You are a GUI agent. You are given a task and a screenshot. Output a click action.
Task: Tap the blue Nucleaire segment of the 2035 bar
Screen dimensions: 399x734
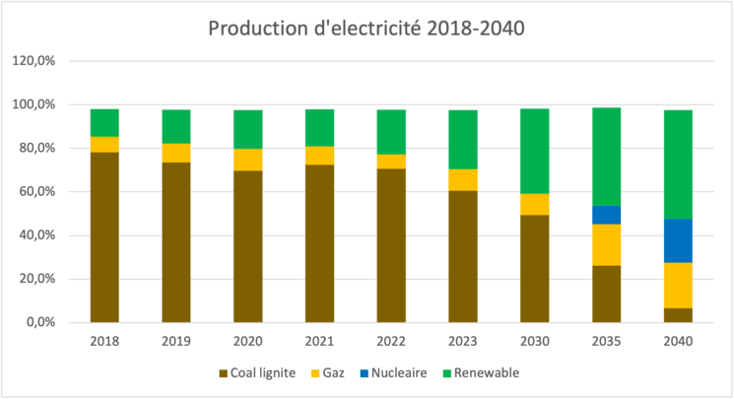[606, 215]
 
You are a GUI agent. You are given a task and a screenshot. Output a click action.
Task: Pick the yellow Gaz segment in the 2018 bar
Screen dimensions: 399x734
[104, 144]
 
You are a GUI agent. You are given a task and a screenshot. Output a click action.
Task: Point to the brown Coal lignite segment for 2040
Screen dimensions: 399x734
[678, 315]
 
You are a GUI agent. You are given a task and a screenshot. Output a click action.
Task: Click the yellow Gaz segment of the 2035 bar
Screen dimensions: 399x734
[606, 244]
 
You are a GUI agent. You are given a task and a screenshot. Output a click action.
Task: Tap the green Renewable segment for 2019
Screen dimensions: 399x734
[176, 126]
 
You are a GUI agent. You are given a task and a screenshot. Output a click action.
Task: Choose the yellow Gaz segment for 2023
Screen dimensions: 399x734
[463, 179]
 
